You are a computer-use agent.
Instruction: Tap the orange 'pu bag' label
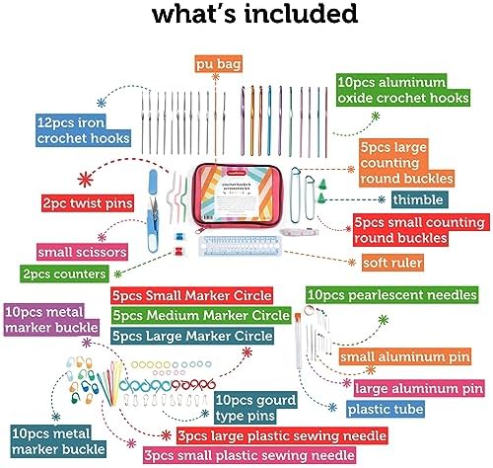(219, 64)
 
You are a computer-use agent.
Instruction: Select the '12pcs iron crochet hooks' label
(83, 130)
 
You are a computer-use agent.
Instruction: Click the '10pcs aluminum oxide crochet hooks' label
(403, 90)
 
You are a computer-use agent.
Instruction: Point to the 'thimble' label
(418, 199)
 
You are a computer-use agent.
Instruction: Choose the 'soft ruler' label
(392, 263)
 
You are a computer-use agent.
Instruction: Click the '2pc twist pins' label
(88, 203)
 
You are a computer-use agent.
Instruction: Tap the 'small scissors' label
(82, 252)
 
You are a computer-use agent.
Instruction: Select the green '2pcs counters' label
(64, 273)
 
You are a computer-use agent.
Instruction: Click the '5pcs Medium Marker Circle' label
(201, 315)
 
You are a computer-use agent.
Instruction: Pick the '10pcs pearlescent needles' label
(392, 294)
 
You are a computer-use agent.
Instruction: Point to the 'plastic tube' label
(386, 409)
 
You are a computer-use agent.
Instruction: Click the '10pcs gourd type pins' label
(255, 408)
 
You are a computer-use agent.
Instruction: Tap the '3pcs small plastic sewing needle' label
(249, 455)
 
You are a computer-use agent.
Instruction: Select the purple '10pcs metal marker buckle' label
(51, 320)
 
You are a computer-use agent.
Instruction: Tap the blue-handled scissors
(153, 210)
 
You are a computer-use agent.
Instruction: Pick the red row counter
(177, 252)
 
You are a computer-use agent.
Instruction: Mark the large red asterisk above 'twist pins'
(86, 180)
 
